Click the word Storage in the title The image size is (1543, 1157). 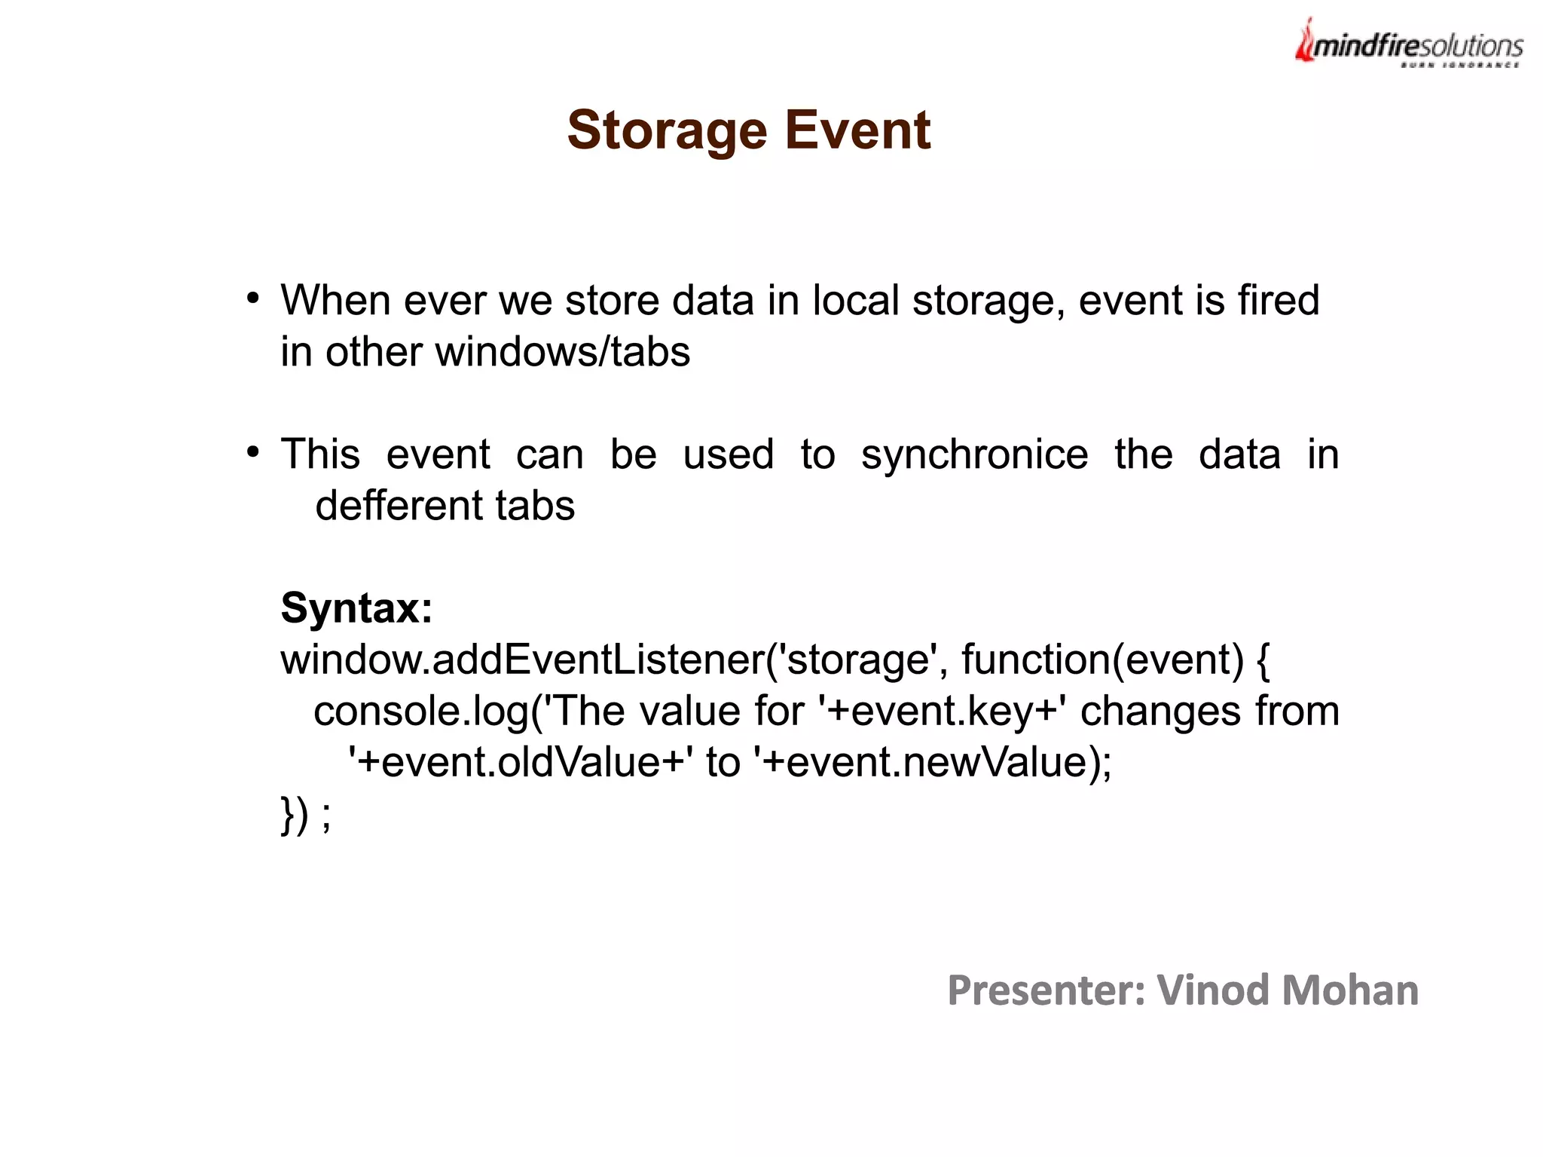[667, 130]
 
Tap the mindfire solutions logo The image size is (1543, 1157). [1409, 45]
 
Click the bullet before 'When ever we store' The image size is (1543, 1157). [253, 299]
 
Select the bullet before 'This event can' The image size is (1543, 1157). [253, 453]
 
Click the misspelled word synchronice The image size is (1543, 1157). [974, 455]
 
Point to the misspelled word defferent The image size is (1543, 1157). [389, 506]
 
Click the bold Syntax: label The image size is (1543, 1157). [356, 608]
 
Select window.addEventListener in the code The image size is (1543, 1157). [521, 660]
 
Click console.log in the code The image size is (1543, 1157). [421, 712]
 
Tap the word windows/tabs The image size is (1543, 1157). [562, 353]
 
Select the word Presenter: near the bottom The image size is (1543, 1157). [1046, 990]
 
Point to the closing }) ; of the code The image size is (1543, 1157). [305, 815]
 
